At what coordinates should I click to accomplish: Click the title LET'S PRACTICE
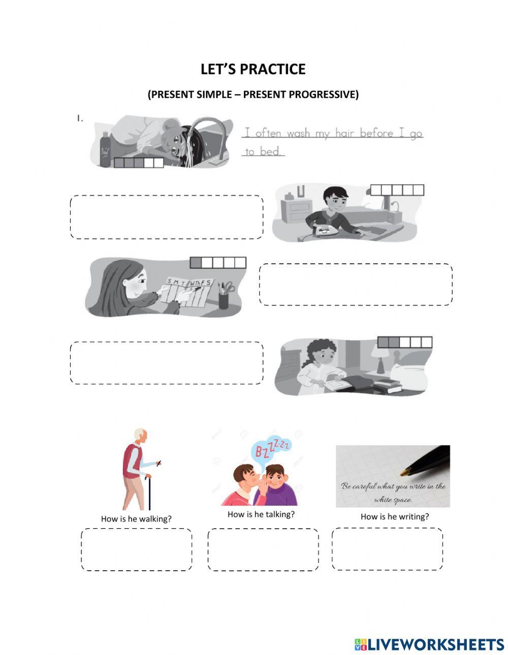[x=253, y=69]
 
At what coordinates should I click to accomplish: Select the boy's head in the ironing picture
[x=335, y=199]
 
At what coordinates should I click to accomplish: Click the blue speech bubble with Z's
[x=271, y=449]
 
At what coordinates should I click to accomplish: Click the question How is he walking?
[x=136, y=519]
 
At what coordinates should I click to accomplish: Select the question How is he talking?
[x=261, y=514]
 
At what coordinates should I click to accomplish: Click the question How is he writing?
[x=395, y=516]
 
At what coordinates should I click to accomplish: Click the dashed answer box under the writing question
[x=387, y=549]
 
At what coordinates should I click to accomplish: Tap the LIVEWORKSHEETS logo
[x=429, y=644]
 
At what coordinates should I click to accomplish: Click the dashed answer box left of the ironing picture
[x=167, y=217]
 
